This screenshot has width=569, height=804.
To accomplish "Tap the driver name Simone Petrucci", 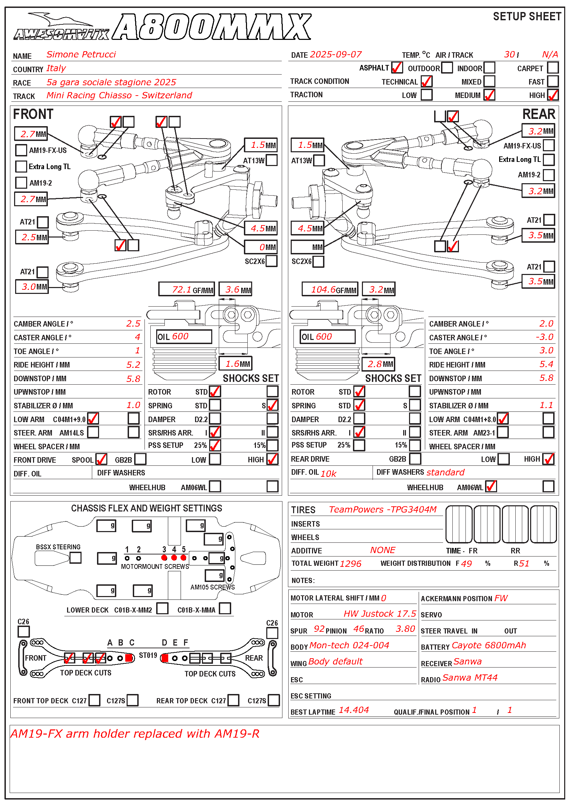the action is tap(81, 54).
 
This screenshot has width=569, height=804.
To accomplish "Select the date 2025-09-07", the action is tap(336, 55).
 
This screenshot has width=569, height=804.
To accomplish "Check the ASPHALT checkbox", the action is tap(397, 68).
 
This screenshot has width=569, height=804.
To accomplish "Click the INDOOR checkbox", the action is tap(489, 68).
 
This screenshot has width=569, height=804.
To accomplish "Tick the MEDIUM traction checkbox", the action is tap(489, 95).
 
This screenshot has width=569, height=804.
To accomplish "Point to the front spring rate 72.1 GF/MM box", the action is tap(186, 289).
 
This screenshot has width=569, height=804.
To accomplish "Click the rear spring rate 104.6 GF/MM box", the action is tap(330, 289).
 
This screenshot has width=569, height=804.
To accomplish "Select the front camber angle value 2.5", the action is tap(133, 323).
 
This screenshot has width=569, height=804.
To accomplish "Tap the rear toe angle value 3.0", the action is tap(547, 351).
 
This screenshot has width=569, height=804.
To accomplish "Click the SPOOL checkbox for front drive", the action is tap(101, 459).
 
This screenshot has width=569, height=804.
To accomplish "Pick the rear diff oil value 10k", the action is tap(329, 474).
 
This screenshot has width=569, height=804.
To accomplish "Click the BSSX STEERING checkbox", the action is tap(75, 558).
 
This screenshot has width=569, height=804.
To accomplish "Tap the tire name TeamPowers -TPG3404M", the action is tap(383, 509).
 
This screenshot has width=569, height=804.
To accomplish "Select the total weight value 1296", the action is tap(351, 563).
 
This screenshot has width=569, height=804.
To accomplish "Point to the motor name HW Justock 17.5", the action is tap(380, 614).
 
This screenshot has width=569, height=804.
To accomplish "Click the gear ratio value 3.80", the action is tap(405, 629).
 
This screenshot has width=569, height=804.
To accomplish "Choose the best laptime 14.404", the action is tap(354, 710).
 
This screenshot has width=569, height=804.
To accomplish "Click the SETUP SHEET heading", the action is tap(527, 16).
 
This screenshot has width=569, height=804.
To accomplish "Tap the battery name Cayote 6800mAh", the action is tap(489, 645).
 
